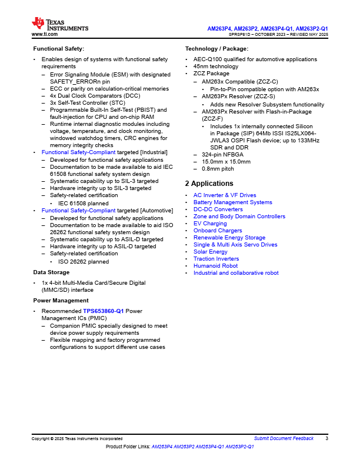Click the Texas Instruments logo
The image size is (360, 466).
click(60, 24)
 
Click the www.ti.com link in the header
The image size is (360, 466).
click(44, 35)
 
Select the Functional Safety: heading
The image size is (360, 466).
click(58, 48)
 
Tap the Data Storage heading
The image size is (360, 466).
click(51, 272)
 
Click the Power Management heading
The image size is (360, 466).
click(61, 300)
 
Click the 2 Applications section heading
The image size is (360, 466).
click(209, 184)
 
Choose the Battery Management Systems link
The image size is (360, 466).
click(232, 202)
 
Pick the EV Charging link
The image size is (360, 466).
click(210, 224)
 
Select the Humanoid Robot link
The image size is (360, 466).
click(215, 266)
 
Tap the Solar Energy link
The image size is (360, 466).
click(210, 252)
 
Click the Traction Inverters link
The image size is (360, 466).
click(216, 259)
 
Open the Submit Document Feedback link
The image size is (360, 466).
click(284, 438)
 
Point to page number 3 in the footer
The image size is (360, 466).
click(326, 438)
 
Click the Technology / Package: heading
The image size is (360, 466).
click(216, 48)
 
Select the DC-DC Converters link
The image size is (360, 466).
click(218, 209)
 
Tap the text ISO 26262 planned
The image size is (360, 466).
click(83, 262)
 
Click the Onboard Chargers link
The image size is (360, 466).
click(218, 231)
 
